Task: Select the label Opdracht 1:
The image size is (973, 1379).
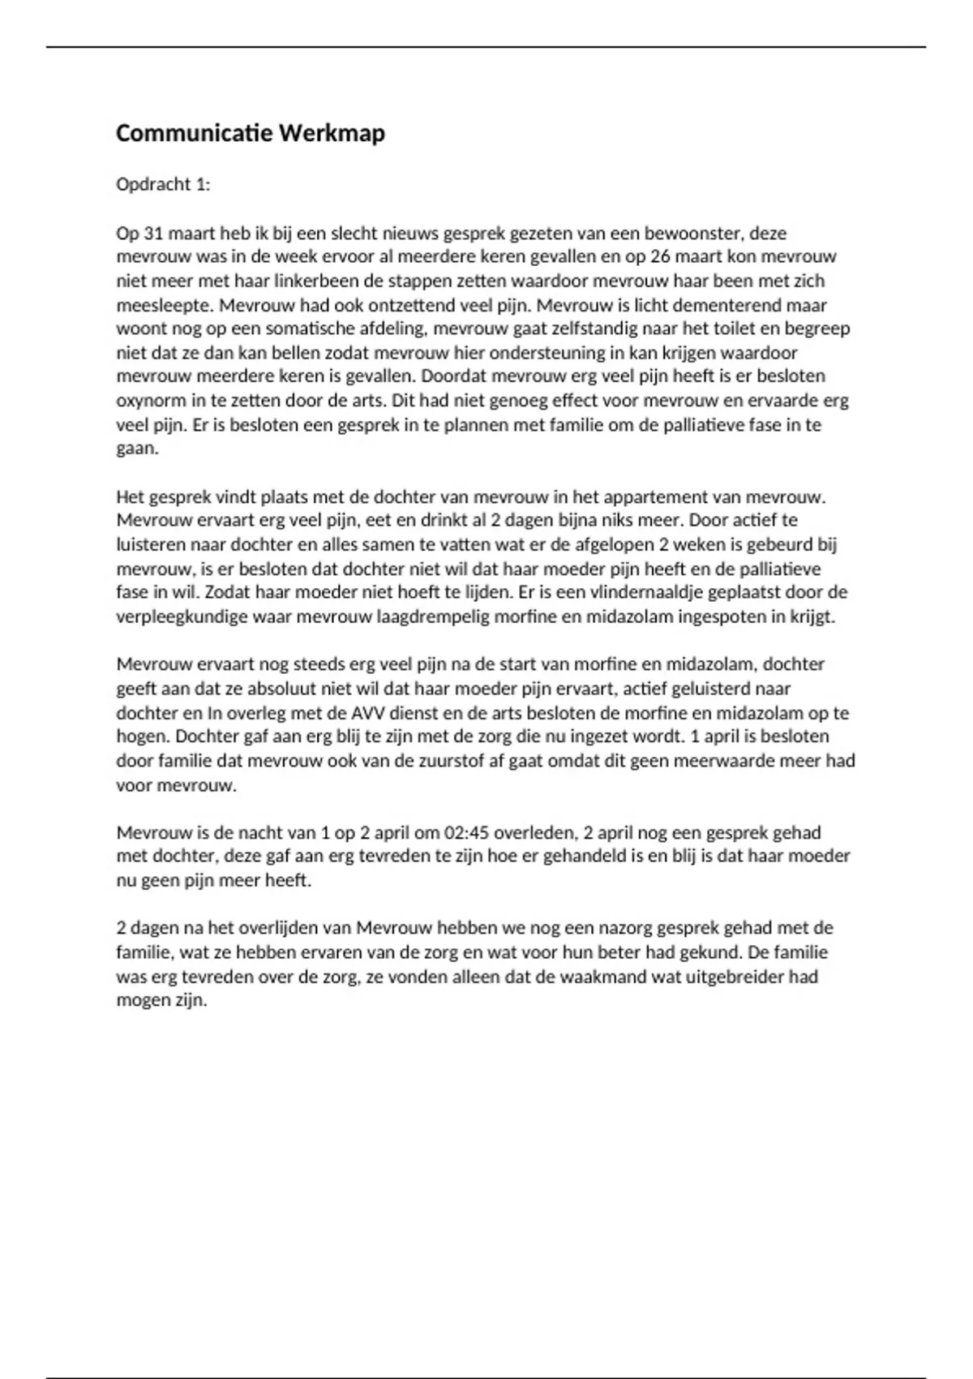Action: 163,184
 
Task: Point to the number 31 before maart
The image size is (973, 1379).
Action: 153,234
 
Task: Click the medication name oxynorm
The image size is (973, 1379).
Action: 150,401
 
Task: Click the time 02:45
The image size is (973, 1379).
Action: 465,832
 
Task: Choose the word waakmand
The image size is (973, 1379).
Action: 572,976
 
